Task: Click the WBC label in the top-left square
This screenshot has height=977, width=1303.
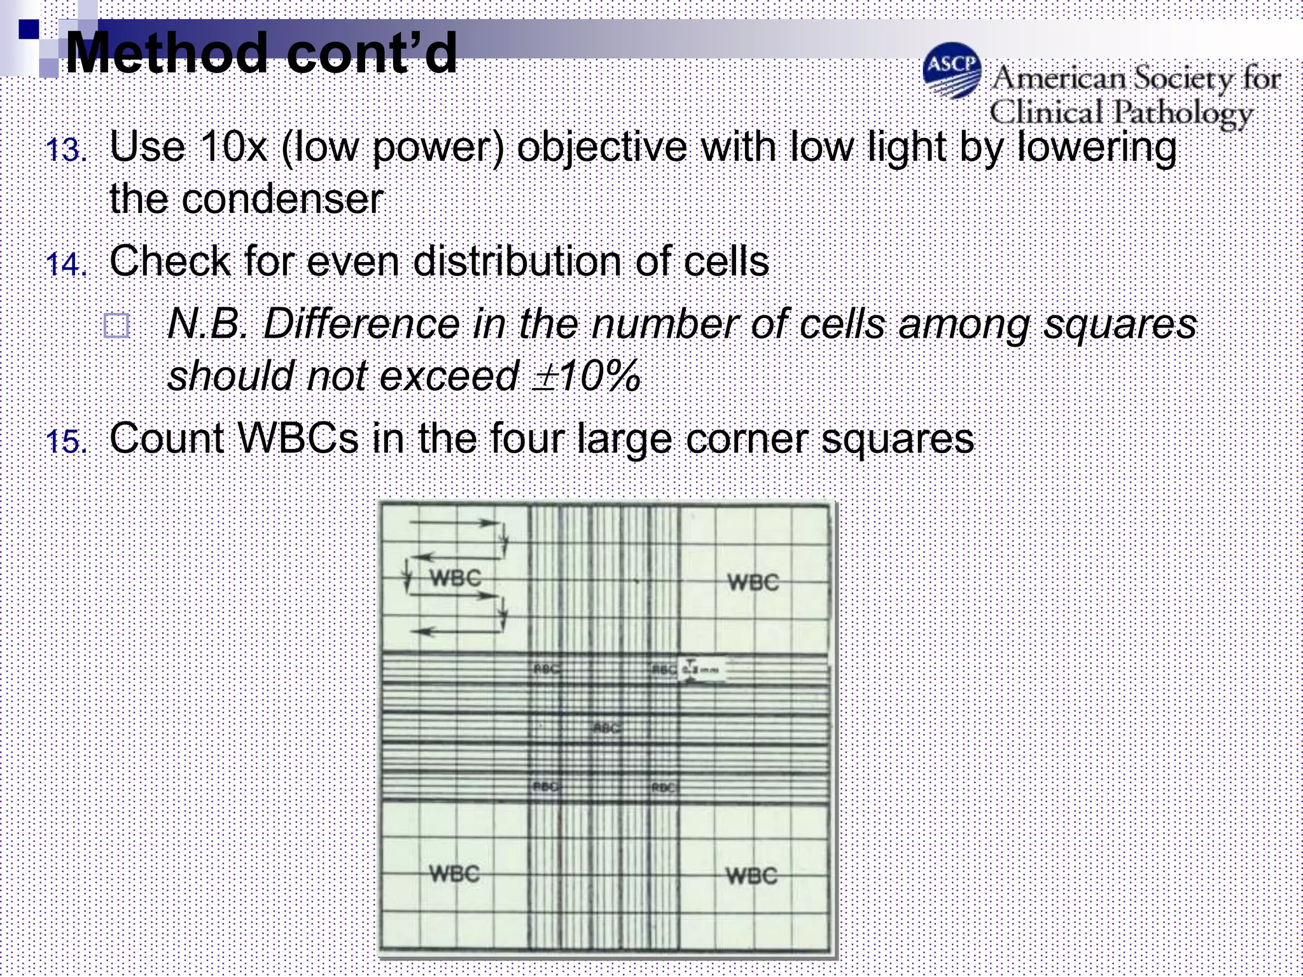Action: [456, 578]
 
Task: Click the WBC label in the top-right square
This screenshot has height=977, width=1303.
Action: [753, 582]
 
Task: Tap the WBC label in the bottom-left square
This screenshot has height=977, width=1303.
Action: [454, 873]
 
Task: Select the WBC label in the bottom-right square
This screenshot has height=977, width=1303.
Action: [751, 876]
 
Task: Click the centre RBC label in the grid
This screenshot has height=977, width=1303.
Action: [608, 728]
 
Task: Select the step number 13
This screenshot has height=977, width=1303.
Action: [66, 151]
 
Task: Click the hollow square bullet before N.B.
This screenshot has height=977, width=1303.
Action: [116, 326]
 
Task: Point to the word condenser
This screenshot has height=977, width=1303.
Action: [282, 199]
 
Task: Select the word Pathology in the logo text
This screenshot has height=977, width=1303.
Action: [1184, 114]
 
